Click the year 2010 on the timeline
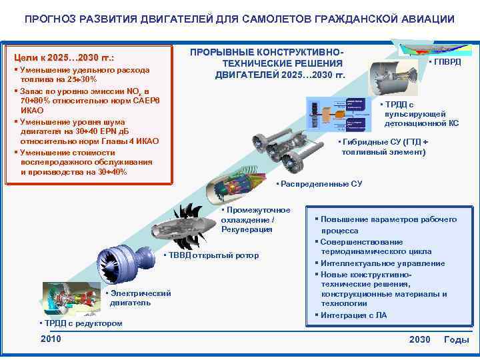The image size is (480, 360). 51,339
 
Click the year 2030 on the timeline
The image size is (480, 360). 420,339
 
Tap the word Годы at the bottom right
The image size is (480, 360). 457,339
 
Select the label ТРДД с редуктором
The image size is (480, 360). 82,323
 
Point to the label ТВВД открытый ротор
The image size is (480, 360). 213,255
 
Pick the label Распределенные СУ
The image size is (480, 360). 321,183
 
